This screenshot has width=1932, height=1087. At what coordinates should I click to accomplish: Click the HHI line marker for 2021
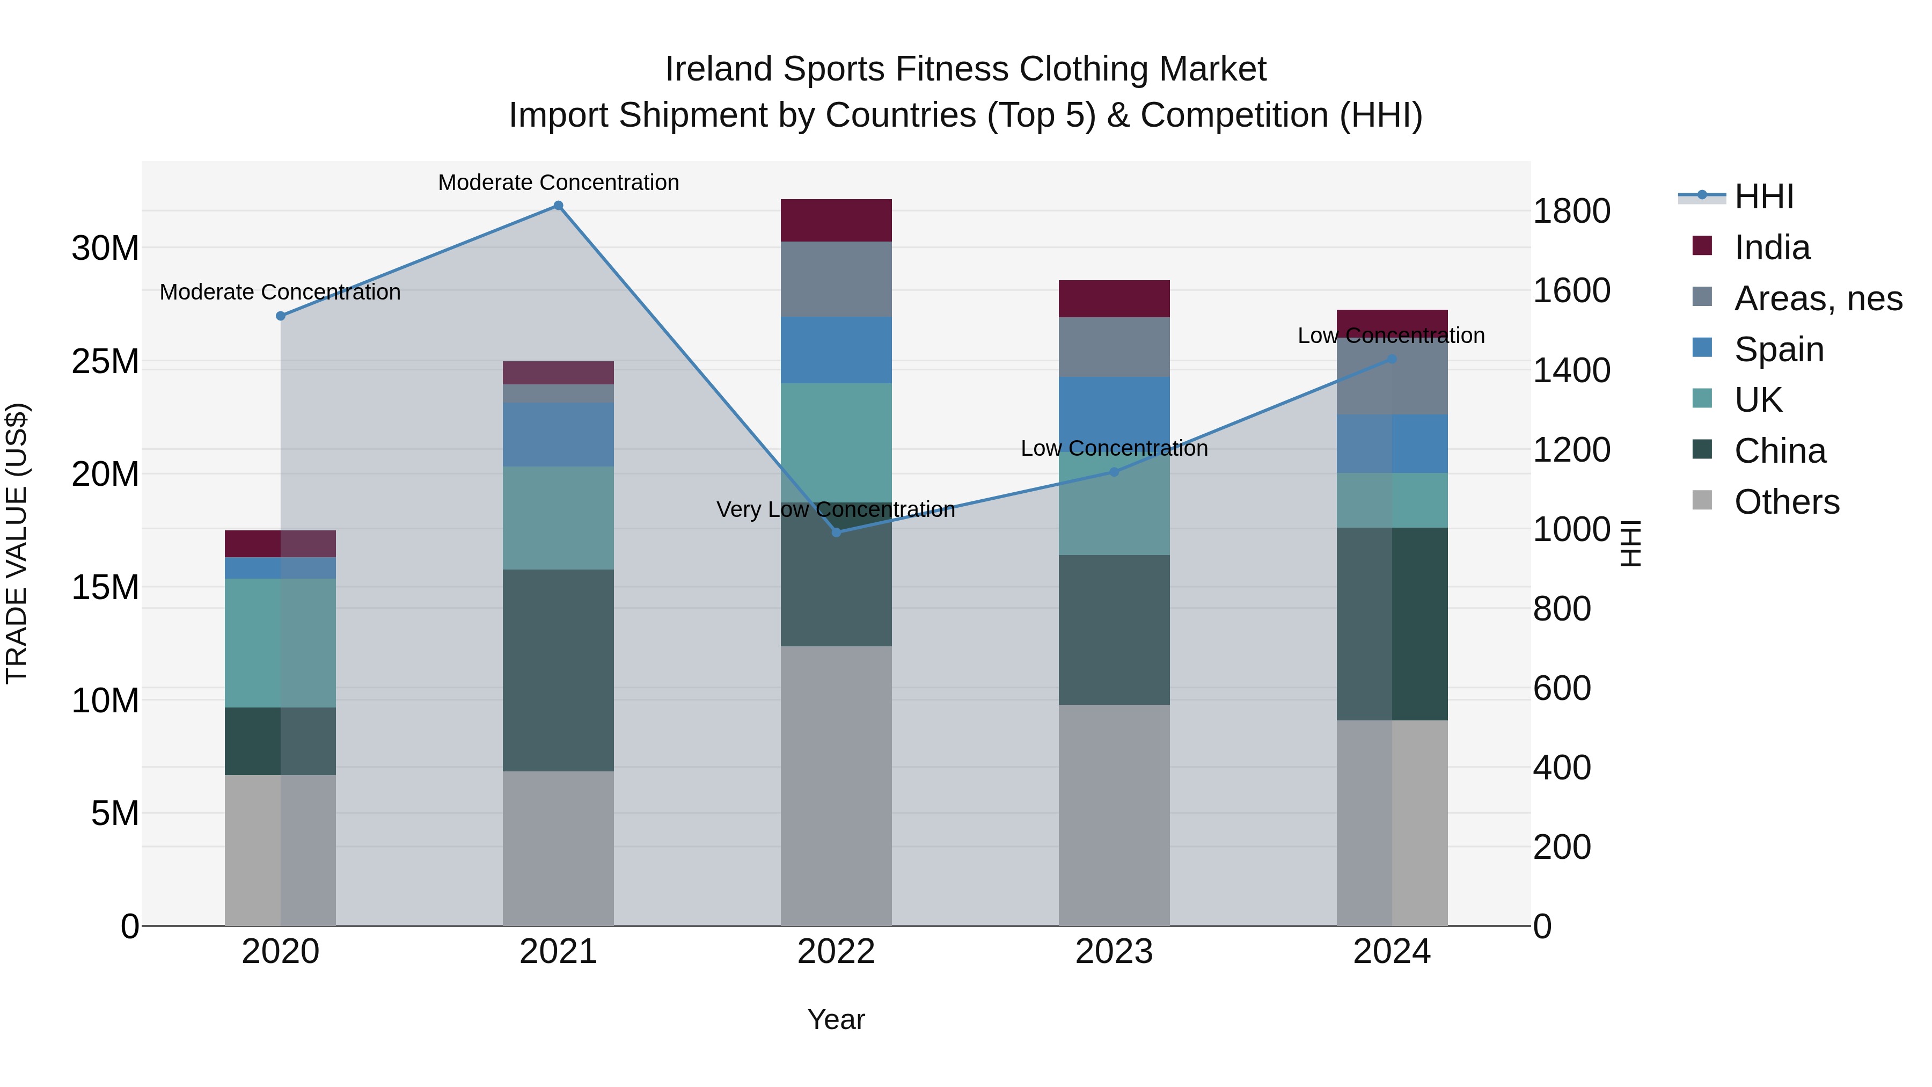pyautogui.click(x=558, y=206)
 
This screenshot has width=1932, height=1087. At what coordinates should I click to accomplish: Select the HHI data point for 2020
pyautogui.click(x=281, y=316)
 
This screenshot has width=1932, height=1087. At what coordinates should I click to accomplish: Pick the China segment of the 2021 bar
pyautogui.click(x=558, y=670)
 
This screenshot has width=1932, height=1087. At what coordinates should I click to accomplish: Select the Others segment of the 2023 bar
pyautogui.click(x=1114, y=815)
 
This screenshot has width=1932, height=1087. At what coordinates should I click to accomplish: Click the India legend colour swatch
pyautogui.click(x=1702, y=246)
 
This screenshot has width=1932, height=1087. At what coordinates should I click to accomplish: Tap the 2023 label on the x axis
pyautogui.click(x=1114, y=952)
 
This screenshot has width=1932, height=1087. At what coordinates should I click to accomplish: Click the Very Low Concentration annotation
pyautogui.click(x=836, y=509)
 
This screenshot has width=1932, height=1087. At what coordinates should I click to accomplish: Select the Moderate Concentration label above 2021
pyautogui.click(x=558, y=183)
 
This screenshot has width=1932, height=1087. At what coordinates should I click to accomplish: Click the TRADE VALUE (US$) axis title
pyautogui.click(x=17, y=543)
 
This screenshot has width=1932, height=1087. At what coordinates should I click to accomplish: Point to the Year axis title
pyautogui.click(x=836, y=1019)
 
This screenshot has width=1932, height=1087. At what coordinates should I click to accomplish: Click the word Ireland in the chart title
pyautogui.click(x=719, y=69)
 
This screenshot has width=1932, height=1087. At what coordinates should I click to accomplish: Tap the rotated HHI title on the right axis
pyautogui.click(x=1630, y=543)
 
